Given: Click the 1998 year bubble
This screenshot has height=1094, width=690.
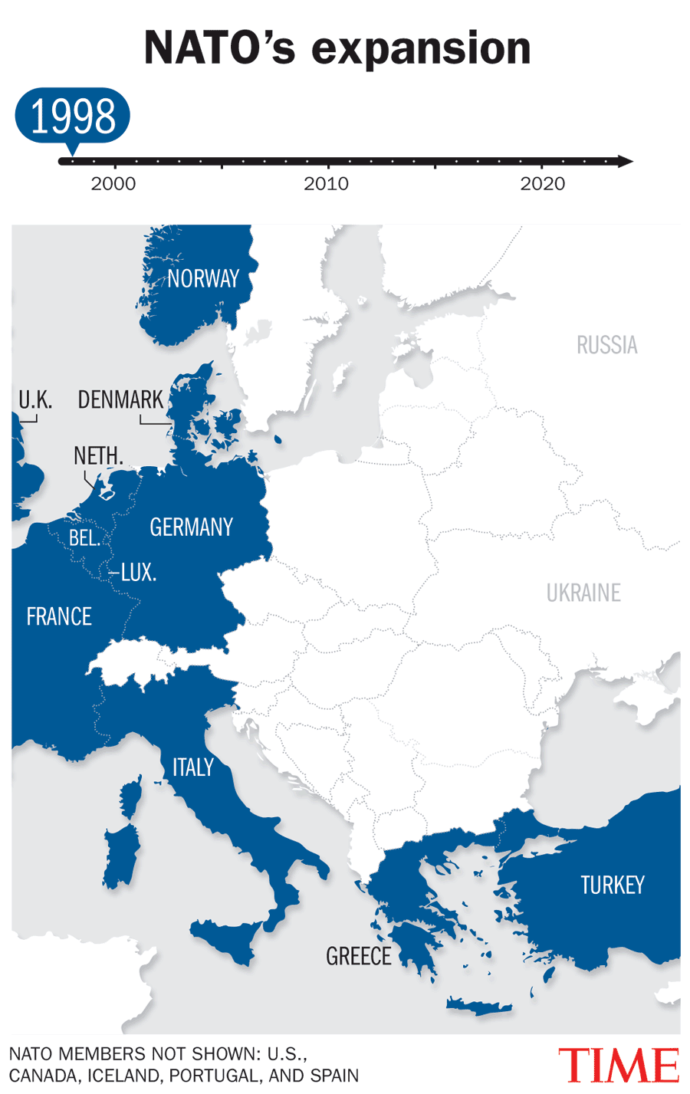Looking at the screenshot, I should coord(73,117).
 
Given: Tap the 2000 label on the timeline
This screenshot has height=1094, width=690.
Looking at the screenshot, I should coord(113,184).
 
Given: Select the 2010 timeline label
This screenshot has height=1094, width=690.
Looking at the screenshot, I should coord(326,184).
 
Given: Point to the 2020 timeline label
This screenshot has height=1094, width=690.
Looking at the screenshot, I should coord(542,184).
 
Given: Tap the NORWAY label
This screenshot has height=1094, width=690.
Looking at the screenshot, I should coord(203,278).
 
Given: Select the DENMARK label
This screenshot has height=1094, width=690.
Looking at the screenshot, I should coord(120,399).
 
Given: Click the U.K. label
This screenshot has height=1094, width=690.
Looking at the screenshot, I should coord(35,399).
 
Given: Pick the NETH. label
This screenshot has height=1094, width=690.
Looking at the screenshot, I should coord(98,456).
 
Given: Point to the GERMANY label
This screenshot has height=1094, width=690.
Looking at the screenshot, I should coord(191,527).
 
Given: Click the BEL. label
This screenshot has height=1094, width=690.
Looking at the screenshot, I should coord(84,538).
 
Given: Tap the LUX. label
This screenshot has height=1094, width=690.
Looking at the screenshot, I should coord(139,573).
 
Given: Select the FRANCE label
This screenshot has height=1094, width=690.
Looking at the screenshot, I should coord(59,616).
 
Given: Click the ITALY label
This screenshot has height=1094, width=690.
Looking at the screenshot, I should coord(192,767).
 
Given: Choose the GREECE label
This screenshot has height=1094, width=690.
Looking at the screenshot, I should coord(358,956).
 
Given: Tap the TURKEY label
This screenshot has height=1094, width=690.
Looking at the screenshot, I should coord(612,885).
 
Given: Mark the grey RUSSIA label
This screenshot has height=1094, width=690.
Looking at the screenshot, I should coord(606,345).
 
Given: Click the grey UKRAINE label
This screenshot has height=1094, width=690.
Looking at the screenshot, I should coord(583,593).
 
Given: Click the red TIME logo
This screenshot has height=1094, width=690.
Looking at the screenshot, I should coord(618,1066).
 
